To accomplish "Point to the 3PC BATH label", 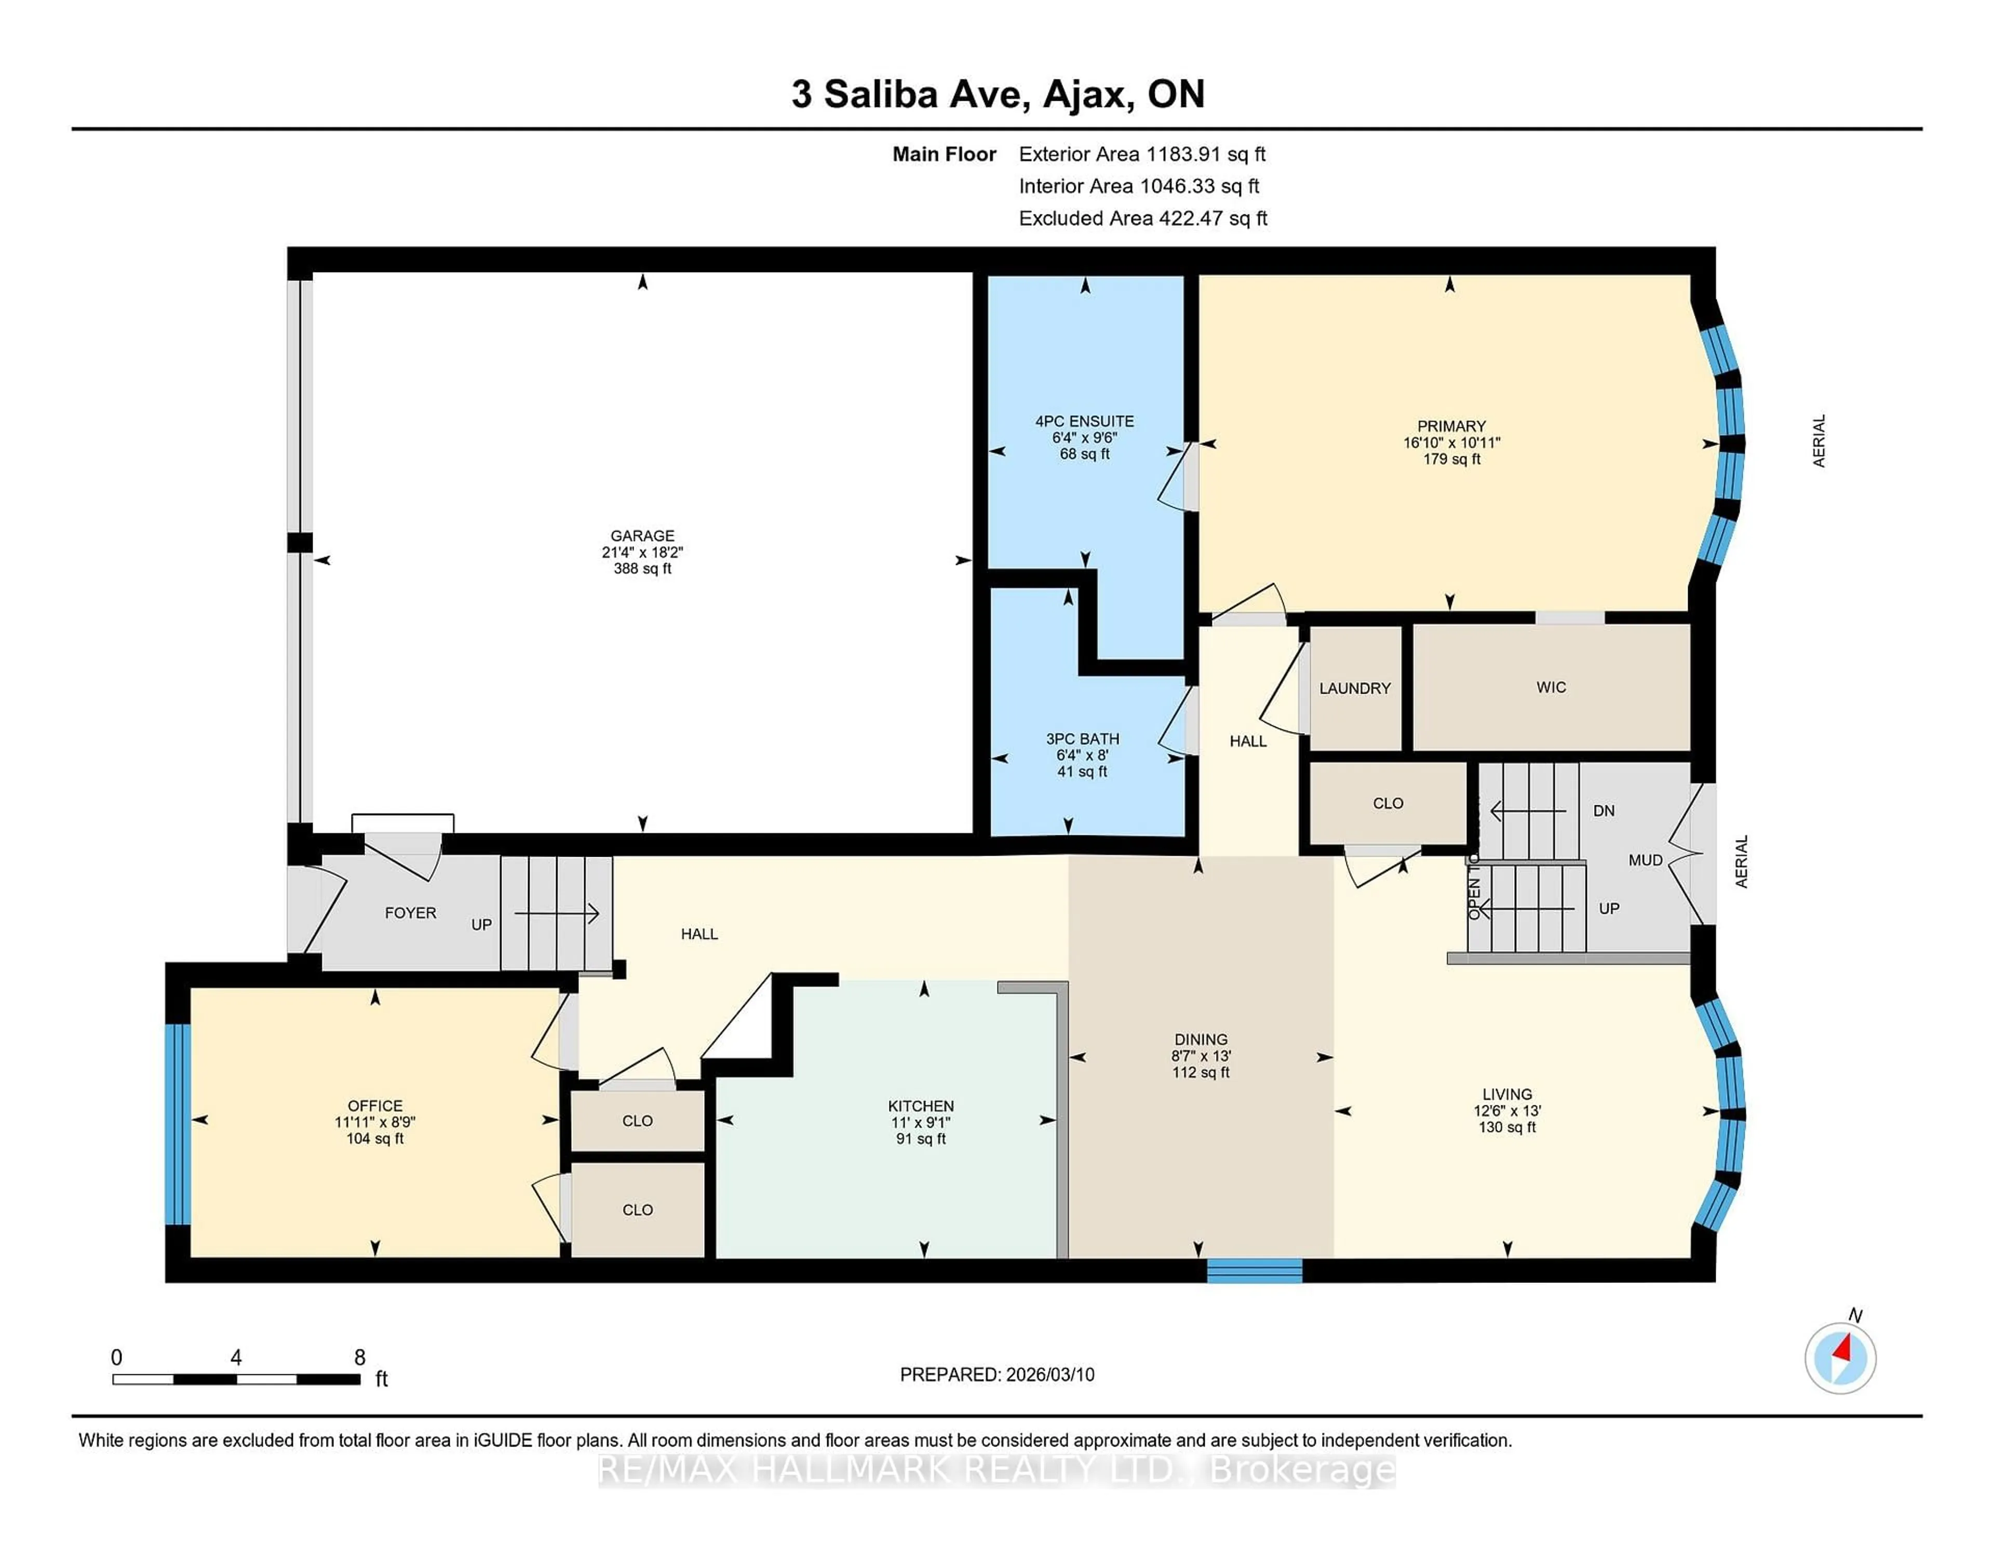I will coord(1082,738).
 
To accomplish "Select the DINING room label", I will coord(1201,1039).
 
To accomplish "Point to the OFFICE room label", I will coord(374,1105).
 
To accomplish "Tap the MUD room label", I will coord(1645,860).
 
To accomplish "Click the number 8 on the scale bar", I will coord(360,1358).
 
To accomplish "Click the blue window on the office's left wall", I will coord(177,1124).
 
